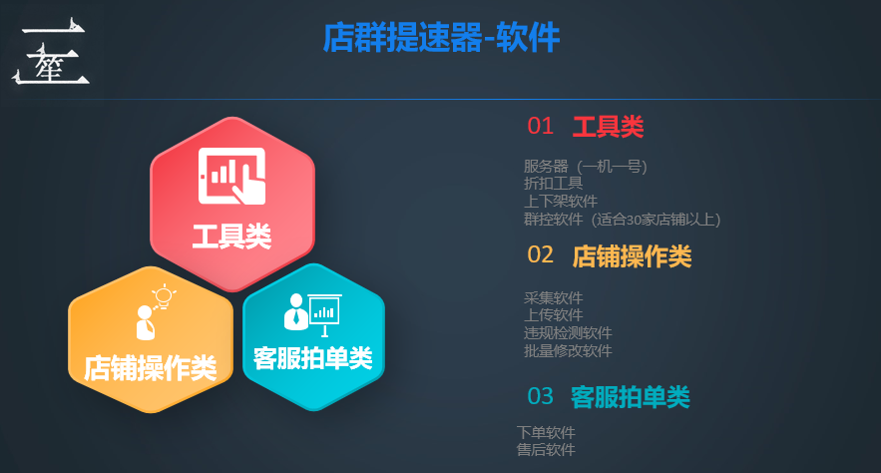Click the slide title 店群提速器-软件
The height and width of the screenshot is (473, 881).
coord(441,38)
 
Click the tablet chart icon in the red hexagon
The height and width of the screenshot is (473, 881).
coord(232,176)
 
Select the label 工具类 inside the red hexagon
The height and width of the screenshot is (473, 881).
coord(231,236)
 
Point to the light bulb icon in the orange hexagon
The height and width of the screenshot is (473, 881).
coord(163,295)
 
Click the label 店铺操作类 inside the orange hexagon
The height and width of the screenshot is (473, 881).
coord(150,368)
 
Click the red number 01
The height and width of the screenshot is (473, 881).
coord(540,126)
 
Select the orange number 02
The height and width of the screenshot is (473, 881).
coord(540,254)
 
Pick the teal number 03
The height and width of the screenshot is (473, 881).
coord(540,396)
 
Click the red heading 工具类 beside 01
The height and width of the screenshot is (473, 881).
coord(608,127)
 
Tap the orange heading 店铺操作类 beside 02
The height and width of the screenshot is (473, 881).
coord(632,256)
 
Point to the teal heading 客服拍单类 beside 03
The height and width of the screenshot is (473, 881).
coord(630,397)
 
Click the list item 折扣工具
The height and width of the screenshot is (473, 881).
coord(554,184)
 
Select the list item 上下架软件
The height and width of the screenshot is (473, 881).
coord(561,201)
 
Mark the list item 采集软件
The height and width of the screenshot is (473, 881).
coord(554,297)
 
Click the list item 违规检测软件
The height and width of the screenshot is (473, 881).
coord(568,332)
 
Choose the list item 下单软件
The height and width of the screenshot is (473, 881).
coord(546,432)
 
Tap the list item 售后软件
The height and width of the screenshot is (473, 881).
coord(546,450)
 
